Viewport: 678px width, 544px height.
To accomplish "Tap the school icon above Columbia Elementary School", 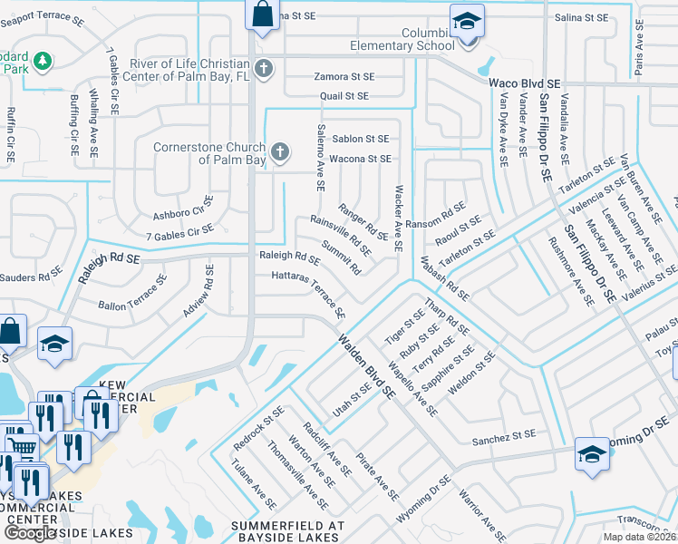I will click(x=467, y=20).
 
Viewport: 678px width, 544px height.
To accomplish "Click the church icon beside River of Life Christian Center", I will click(x=263, y=68).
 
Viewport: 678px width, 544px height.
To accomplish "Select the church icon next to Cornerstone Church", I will click(x=280, y=151).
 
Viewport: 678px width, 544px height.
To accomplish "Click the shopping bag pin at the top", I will click(x=261, y=15).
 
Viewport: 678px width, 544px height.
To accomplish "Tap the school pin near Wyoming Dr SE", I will click(x=591, y=453).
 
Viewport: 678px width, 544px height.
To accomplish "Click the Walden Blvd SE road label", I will click(x=367, y=367).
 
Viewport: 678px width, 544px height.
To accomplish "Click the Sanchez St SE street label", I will click(x=505, y=442).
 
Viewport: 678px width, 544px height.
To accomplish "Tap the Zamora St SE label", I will click(x=344, y=77).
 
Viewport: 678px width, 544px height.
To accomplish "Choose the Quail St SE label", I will click(x=344, y=95).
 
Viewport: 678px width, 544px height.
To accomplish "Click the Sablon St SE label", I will click(x=360, y=139).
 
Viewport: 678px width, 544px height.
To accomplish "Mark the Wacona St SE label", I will click(x=360, y=159).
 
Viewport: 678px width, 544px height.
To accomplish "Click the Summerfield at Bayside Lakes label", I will click(x=288, y=525).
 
